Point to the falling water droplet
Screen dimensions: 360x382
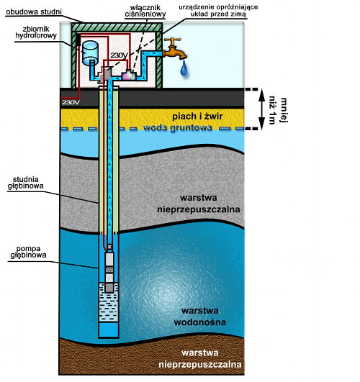point(184,68)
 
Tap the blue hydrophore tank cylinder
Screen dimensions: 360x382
point(90,53)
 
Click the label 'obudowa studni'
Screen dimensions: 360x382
point(34,12)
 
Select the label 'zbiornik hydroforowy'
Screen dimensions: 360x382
point(36,32)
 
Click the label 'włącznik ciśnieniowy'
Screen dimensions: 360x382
point(145,11)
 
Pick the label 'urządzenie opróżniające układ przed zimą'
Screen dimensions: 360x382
point(218,10)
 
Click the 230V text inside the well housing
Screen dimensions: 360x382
point(119,55)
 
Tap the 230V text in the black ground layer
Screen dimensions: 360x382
point(71,102)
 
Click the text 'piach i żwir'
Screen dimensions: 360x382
point(197,117)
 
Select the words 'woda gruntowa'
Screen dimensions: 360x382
point(178,127)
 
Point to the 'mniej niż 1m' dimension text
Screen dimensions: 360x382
point(278,111)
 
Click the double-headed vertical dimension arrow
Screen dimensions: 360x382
point(261,109)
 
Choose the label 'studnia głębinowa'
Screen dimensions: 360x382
point(25,183)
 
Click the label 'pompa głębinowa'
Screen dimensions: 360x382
point(28,252)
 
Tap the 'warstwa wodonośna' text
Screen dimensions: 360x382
point(199,317)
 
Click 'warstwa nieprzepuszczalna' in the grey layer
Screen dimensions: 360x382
point(198,204)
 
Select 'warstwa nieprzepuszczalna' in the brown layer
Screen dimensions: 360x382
point(200,358)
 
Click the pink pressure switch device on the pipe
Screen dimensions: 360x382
point(129,75)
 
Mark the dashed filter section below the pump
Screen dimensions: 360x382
point(109,302)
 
